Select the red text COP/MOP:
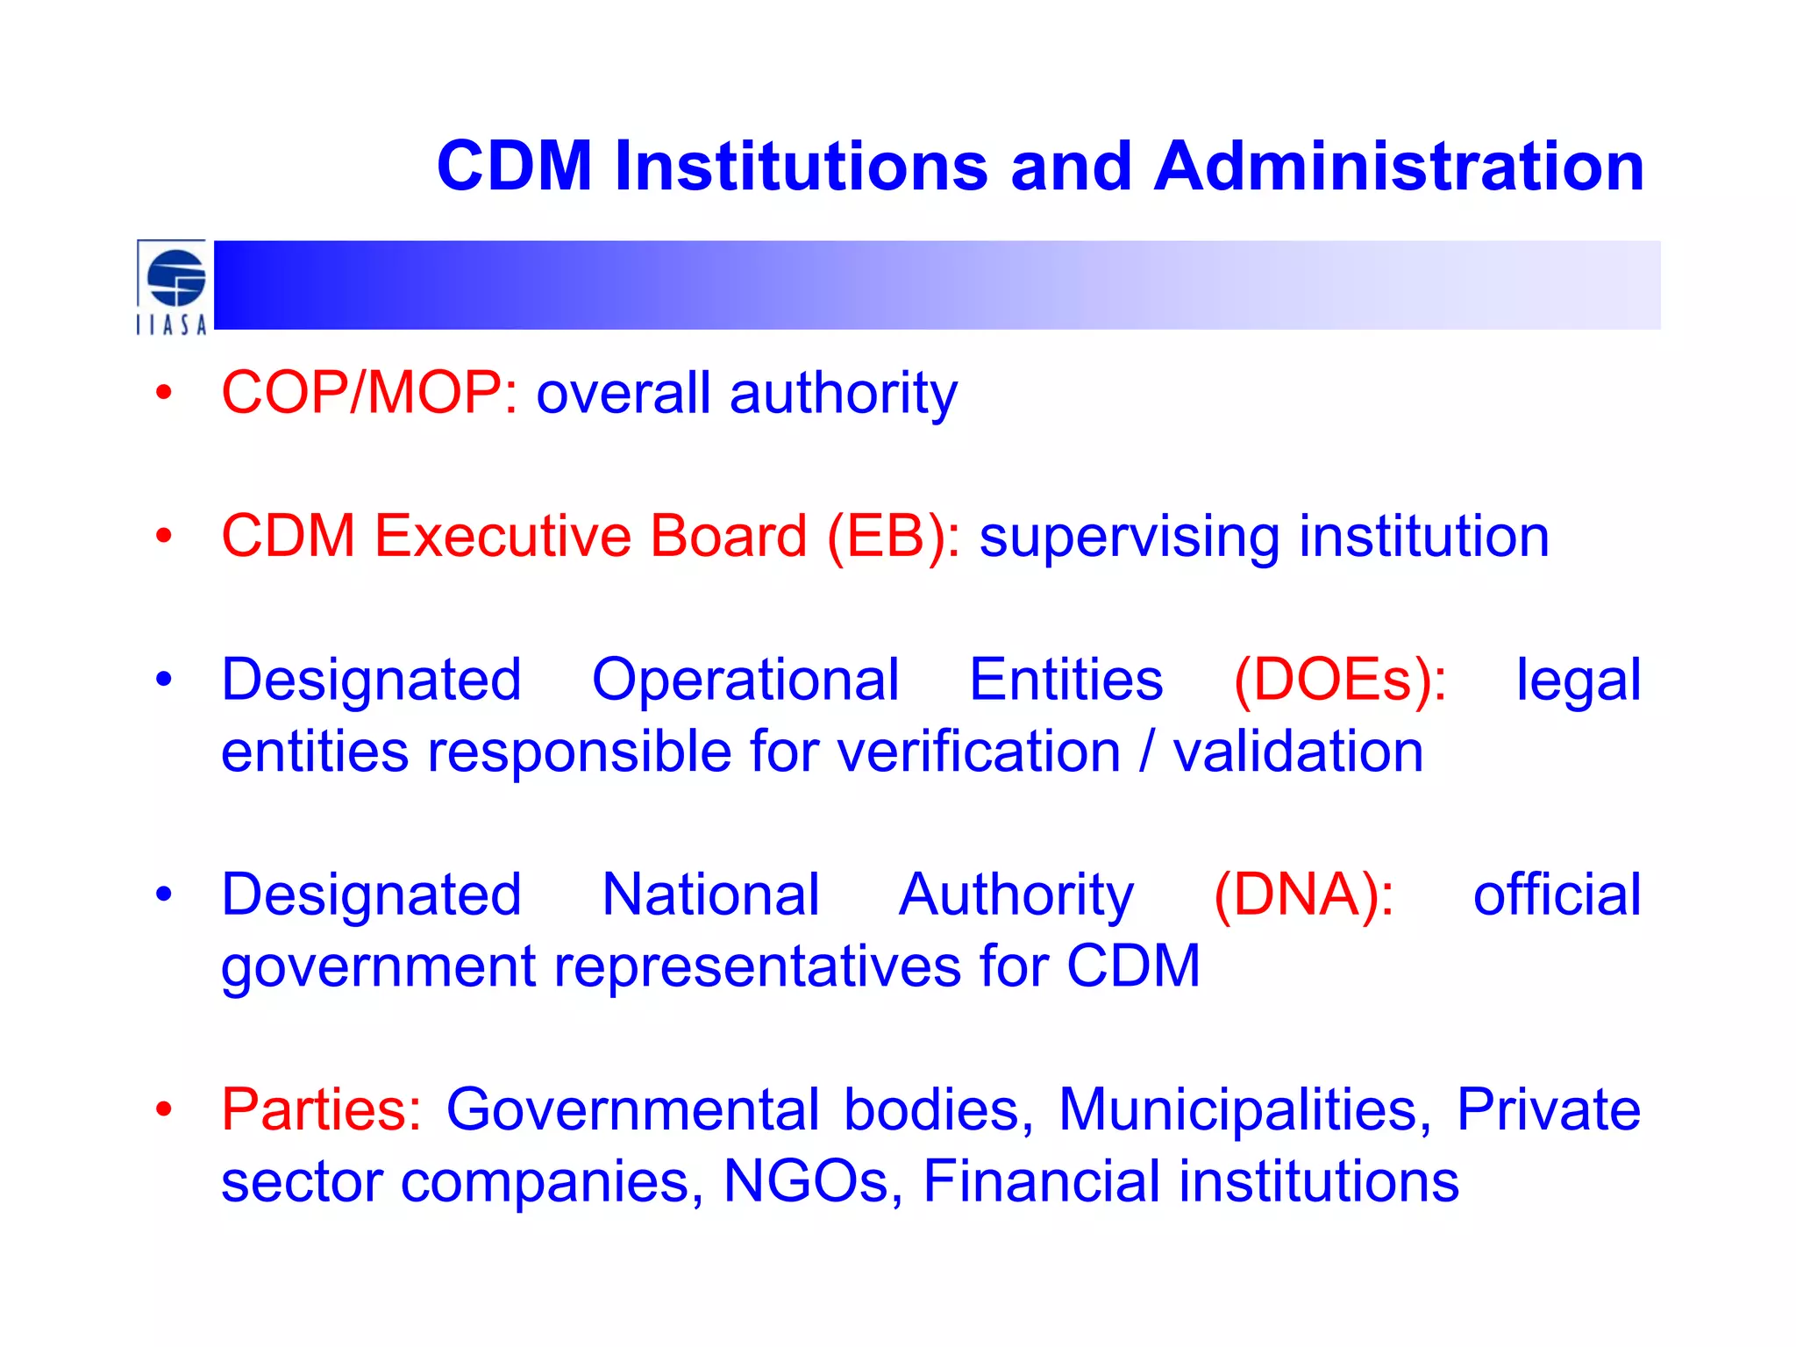[369, 392]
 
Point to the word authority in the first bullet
[843, 394]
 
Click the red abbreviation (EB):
[894, 536]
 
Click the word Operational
[745, 680]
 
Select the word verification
[979, 752]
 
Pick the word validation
[1298, 752]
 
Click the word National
[710, 894]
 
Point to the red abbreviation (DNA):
[1303, 894]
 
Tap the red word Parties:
[321, 1109]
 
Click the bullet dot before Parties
[164, 1109]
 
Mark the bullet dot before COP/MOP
[164, 393]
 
